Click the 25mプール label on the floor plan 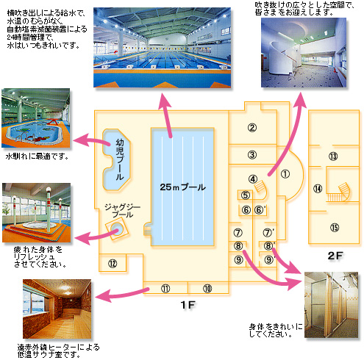[182, 187]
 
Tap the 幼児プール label [120, 159]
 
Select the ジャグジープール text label [122, 211]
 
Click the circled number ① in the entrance [285, 174]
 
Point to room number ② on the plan [252, 128]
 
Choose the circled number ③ [252, 155]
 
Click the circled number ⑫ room [113, 264]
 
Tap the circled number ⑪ [165, 289]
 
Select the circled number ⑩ [207, 289]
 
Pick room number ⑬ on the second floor [333, 156]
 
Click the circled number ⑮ [335, 228]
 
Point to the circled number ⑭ [318, 189]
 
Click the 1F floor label [188, 305]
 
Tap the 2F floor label [335, 256]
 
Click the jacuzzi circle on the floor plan [117, 229]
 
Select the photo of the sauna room [57, 309]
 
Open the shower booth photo [331, 305]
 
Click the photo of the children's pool [36, 118]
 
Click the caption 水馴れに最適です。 [38, 156]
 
